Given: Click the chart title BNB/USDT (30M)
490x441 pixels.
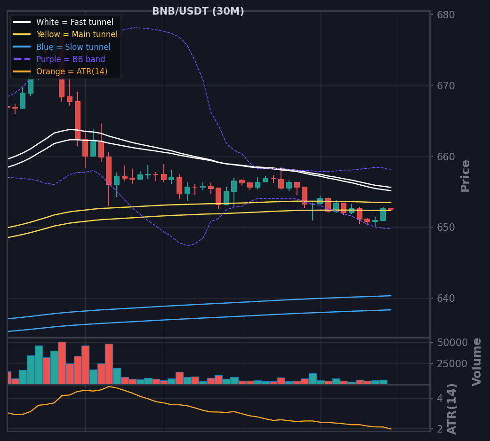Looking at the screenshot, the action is (198, 11).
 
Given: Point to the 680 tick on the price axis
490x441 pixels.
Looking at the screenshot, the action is (446, 15).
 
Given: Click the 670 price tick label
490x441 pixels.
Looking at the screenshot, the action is (446, 86).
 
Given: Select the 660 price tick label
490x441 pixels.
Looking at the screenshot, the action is (446, 157).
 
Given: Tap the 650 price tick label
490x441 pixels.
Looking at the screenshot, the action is (446, 228).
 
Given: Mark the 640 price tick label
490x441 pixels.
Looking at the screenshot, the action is (446, 299).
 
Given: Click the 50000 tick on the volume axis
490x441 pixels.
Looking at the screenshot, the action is (452, 343).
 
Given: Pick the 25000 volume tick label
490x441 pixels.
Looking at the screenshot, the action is (452, 364).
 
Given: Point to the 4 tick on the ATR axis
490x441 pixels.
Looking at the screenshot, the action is (440, 399).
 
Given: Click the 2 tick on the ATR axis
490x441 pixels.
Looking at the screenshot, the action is (440, 429).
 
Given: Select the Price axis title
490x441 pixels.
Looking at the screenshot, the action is (466, 176).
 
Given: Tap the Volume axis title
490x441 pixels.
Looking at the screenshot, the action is (476, 362).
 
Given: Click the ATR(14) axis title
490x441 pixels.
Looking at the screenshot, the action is (452, 409).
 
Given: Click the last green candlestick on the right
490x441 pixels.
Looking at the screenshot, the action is (383, 214).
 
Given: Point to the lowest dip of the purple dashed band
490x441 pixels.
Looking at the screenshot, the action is (187, 245).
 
